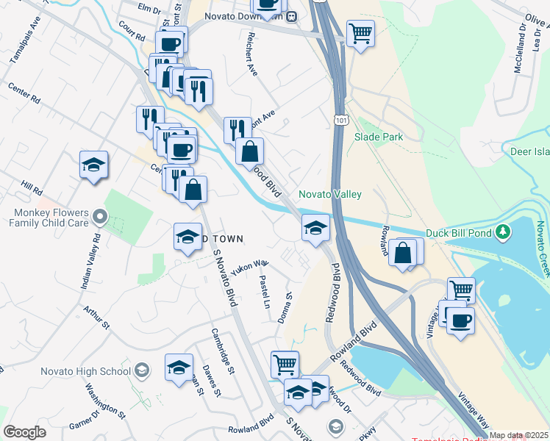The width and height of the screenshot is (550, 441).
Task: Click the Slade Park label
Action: pos(379,137)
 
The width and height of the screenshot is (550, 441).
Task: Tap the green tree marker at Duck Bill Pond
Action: pos(503,233)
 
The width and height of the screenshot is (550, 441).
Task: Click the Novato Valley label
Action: pos(329,194)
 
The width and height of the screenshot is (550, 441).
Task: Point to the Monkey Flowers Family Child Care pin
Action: pos(101,218)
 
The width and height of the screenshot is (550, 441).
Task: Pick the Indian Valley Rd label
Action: pos(89,262)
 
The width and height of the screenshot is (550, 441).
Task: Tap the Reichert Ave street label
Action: pos(252,55)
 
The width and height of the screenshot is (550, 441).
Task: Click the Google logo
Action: pos(24,432)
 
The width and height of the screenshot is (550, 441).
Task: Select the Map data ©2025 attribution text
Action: pos(518,435)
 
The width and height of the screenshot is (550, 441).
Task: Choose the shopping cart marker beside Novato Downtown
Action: pos(360,32)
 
